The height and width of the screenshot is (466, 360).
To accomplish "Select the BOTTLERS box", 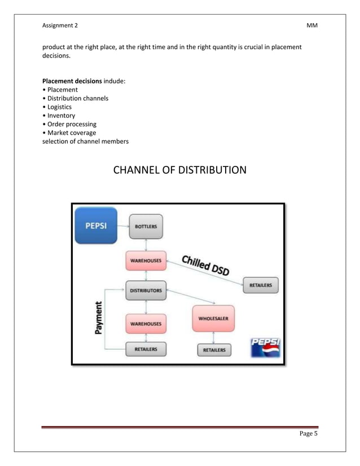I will (146, 226).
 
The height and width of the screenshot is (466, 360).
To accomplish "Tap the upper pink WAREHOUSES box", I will (146, 261).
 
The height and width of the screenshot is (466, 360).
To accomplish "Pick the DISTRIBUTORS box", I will (146, 291).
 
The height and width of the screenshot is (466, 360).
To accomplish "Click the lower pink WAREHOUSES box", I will (146, 323).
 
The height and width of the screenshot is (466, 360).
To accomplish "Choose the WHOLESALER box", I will (213, 318).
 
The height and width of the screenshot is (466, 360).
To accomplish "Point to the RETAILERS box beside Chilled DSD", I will (260, 285).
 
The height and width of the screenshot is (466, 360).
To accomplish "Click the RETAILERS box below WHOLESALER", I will (213, 350).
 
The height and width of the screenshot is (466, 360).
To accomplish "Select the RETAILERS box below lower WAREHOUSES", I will (146, 350).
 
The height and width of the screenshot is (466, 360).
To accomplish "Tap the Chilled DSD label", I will (205, 266).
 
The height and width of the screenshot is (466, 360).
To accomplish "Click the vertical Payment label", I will (99, 318).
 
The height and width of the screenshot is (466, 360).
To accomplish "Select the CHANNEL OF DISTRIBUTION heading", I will (180, 169).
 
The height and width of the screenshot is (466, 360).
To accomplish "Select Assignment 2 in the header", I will (60, 26).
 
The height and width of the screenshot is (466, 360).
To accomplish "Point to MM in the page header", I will (312, 26).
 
